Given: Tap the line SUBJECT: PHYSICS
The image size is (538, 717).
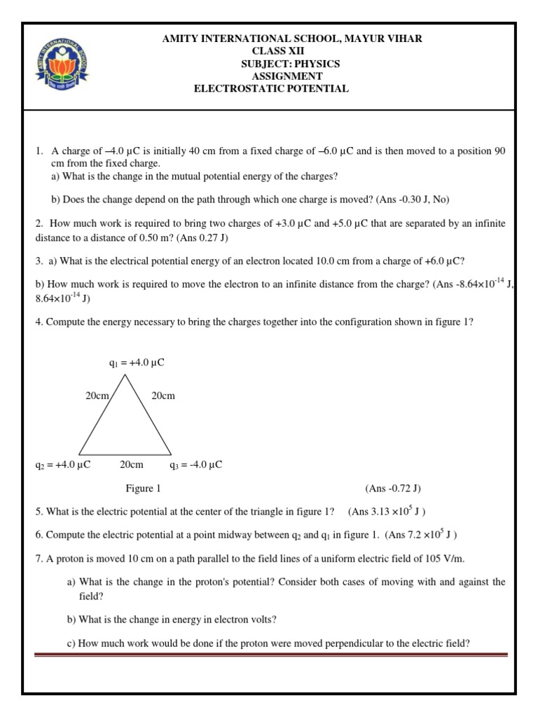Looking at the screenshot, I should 287,64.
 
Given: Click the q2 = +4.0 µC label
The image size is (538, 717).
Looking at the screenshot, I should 62,464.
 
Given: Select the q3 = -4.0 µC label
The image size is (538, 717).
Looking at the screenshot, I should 196,464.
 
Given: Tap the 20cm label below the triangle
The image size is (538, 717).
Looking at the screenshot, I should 131,464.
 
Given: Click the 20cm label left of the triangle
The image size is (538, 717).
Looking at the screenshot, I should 97,396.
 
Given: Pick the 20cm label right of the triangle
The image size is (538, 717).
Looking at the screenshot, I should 163,396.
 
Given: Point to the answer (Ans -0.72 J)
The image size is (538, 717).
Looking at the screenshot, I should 392,488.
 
